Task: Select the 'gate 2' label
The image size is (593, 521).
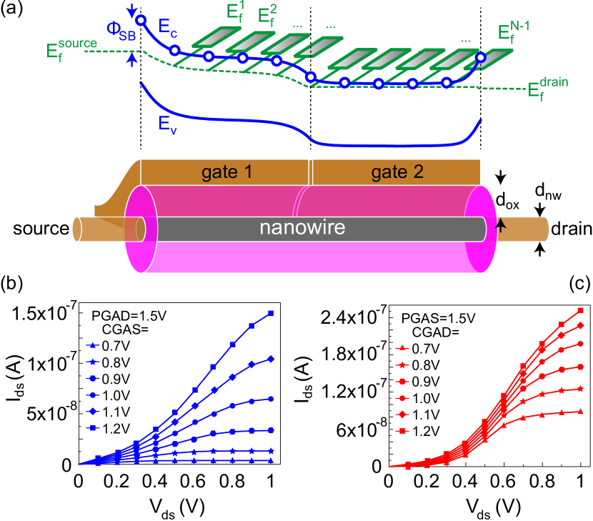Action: pos(397,172)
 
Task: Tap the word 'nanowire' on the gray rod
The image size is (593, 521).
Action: pos(302,228)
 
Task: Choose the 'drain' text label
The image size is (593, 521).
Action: pos(571,229)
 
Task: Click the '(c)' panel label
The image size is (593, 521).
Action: pos(579,284)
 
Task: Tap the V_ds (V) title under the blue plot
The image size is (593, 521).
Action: pos(179,507)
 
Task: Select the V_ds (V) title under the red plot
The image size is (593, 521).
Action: pos(493,507)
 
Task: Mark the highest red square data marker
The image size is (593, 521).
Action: pos(581,311)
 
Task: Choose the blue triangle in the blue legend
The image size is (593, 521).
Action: pos(92,345)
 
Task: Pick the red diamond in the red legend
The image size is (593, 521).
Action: pos(403,415)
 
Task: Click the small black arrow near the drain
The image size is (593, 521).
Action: pos(501,226)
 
